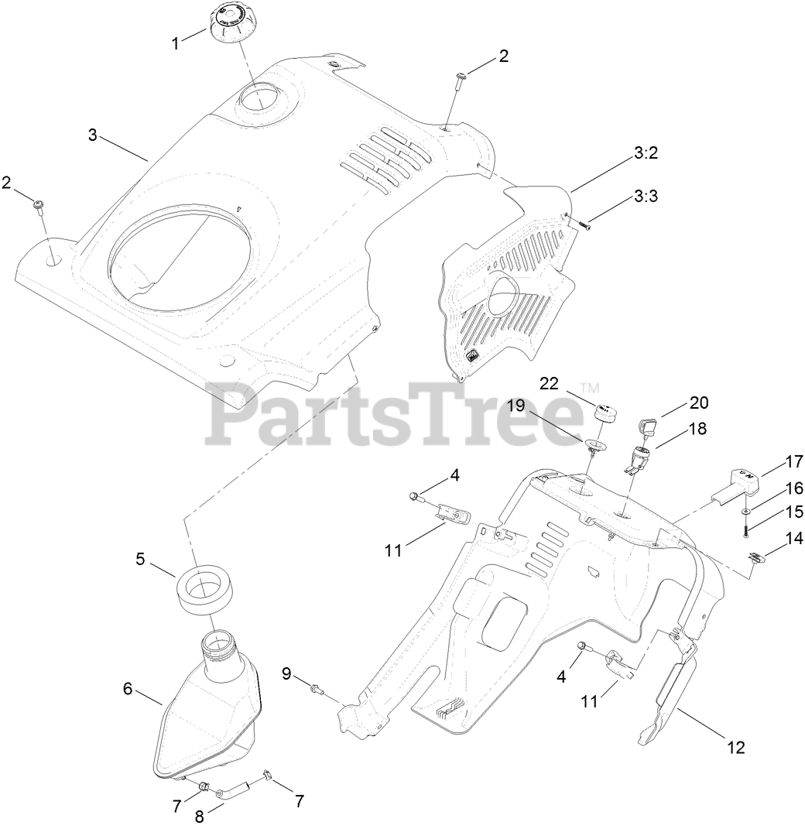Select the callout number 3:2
click(x=646, y=153)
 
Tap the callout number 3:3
click(x=646, y=197)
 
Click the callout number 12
click(x=735, y=747)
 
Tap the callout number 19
click(x=516, y=406)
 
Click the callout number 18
click(x=697, y=428)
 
